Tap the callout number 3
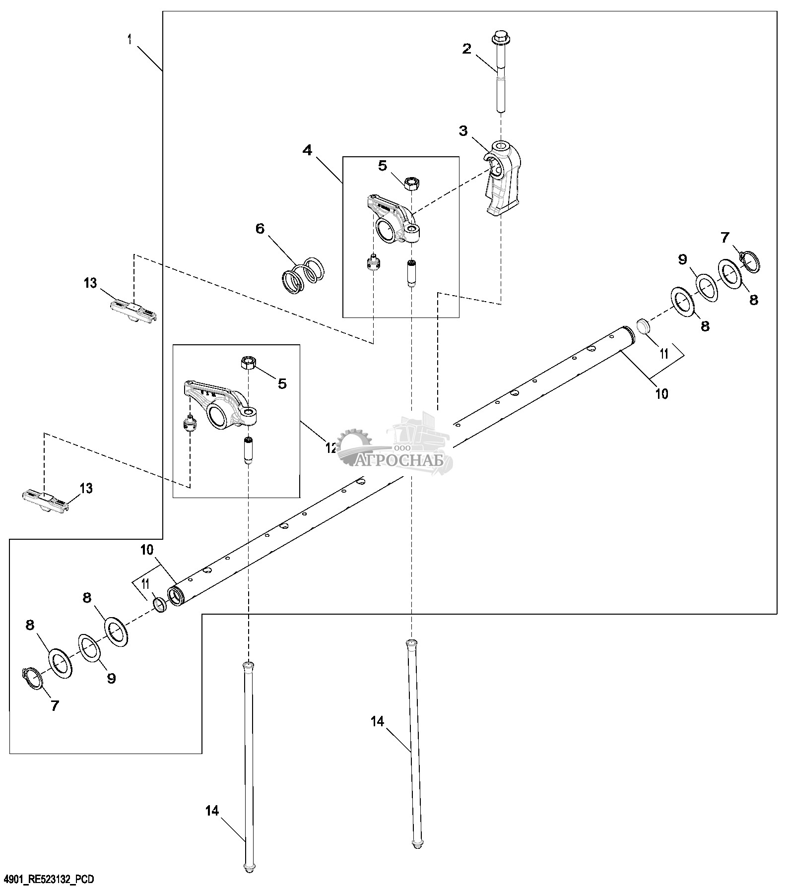pos(463,131)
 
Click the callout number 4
pos(308,150)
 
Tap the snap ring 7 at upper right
pos(750,261)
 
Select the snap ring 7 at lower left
pos(33,679)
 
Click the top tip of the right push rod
pos(410,643)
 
